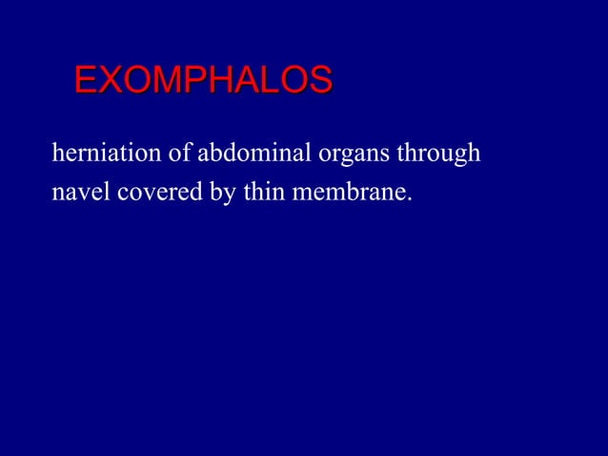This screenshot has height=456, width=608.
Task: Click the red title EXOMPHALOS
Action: tap(203, 80)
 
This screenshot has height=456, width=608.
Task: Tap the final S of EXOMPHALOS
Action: tap(319, 80)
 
